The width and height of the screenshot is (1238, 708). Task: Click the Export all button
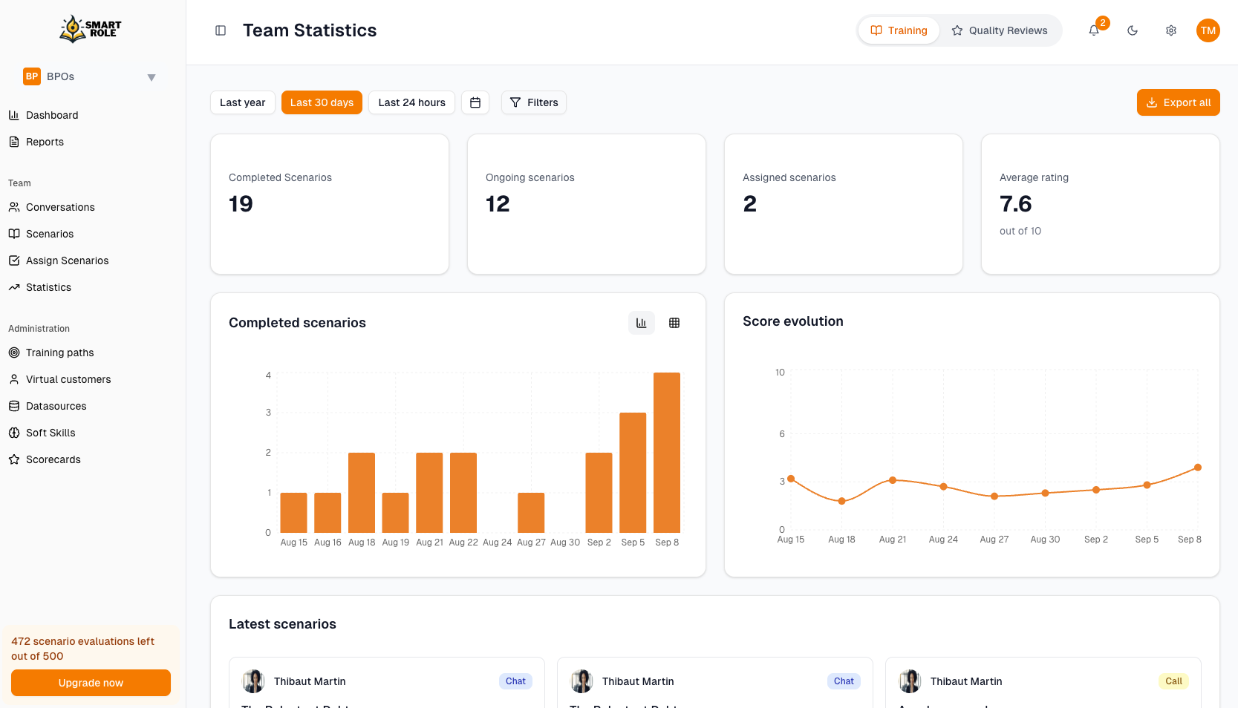coord(1178,102)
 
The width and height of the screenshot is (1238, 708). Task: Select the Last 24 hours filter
coord(411,102)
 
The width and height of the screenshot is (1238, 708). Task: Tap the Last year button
coord(242,102)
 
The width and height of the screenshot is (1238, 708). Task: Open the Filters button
coord(533,102)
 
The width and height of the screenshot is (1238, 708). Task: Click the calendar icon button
coord(475,102)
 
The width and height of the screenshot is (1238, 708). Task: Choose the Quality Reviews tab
coord(1000,30)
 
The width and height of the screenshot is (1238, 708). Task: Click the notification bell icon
coord(1094,30)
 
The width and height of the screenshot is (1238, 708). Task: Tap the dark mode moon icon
coord(1133,30)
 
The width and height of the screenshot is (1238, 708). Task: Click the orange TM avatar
coord(1208,30)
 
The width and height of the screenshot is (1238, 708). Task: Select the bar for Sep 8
coord(667,453)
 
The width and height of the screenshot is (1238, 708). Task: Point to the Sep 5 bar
coord(633,473)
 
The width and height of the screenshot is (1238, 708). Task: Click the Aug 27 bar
coord(531,513)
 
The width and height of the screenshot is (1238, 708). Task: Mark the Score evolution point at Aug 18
coord(841,501)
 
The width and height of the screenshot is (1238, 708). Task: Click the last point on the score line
coord(1198,468)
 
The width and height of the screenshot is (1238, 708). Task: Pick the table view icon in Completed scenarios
coord(674,323)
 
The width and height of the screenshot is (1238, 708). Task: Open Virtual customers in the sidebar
coord(68,379)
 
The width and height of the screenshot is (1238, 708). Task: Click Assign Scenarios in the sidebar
coord(67,260)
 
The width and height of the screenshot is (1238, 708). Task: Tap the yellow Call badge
coord(1173,681)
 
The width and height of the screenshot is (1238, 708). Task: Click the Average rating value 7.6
coord(1016,204)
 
